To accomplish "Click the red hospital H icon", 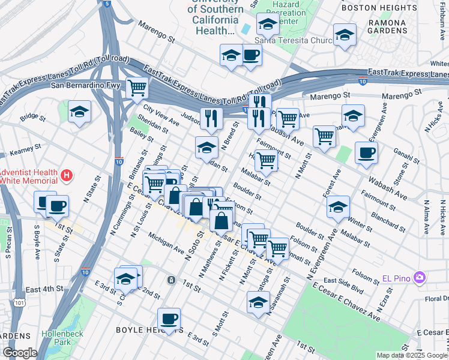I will coord(67,176).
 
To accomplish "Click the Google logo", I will coord(19,353).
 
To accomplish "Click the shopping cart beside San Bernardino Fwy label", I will coord(137,87).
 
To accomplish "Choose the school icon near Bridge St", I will coord(79,112).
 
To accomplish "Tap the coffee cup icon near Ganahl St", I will coord(366,152).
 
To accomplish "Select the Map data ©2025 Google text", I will coord(412,355).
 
